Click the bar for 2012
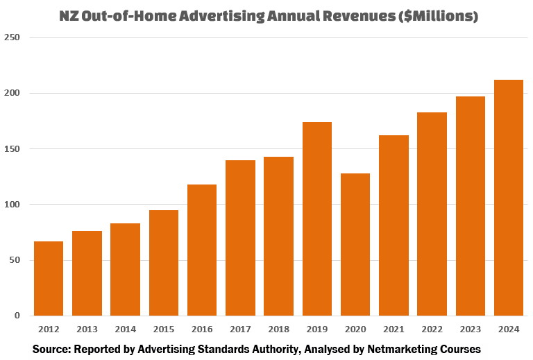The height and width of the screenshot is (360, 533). (49, 278)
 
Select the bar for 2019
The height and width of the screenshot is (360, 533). (316, 218)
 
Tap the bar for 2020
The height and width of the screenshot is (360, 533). (355, 244)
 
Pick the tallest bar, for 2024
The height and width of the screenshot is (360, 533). (509, 198)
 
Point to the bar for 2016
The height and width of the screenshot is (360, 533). (202, 250)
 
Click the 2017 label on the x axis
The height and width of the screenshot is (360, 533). (240, 328)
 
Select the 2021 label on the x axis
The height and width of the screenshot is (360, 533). (394, 328)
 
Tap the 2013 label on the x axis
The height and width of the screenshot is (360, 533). (87, 328)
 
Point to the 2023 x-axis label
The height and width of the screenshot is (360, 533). (471, 328)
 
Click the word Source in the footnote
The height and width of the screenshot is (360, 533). (52, 348)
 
